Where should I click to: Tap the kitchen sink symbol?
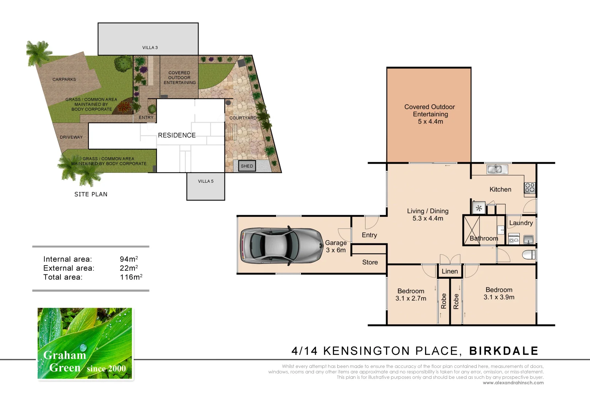pyautogui.click(x=497, y=169)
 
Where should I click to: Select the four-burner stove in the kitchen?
pyautogui.click(x=530, y=188)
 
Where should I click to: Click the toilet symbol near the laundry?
pyautogui.click(x=528, y=255)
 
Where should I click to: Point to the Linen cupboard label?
pyautogui.click(x=450, y=271)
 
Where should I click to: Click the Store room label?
pyautogui.click(x=370, y=262)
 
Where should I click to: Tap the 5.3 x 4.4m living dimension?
pyautogui.click(x=428, y=219)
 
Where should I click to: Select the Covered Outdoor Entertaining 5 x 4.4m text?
pyautogui.click(x=430, y=114)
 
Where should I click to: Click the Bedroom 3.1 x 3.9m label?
pyautogui.click(x=499, y=294)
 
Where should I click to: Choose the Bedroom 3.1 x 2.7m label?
pyautogui.click(x=411, y=295)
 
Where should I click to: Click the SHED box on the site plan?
pyautogui.click(x=247, y=166)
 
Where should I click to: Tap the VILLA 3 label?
pyautogui.click(x=150, y=48)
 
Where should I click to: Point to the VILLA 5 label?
pyautogui.click(x=206, y=181)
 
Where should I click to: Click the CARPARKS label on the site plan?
pyautogui.click(x=64, y=79)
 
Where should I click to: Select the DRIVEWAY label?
pyautogui.click(x=71, y=137)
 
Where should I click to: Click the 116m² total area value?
pyautogui.click(x=131, y=277)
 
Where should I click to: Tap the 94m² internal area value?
pyautogui.click(x=129, y=259)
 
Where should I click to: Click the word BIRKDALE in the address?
pyautogui.click(x=504, y=351)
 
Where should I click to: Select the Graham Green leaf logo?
pyautogui.click(x=85, y=344)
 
